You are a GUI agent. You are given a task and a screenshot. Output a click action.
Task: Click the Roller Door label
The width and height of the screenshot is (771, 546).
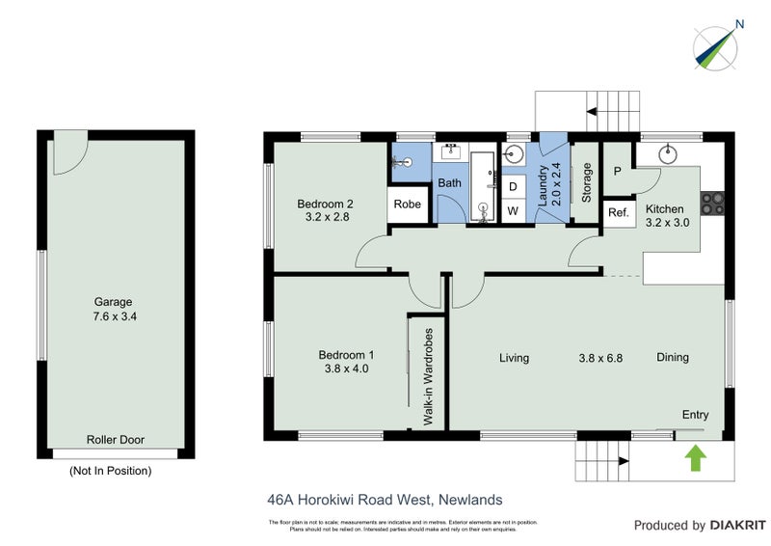click(115, 440)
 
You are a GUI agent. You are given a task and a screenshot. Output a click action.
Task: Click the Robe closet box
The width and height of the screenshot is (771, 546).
click(407, 205)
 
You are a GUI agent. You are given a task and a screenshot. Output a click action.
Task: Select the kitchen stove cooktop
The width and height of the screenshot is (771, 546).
click(713, 203)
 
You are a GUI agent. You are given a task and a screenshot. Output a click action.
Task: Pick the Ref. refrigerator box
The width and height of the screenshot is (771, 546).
click(618, 213)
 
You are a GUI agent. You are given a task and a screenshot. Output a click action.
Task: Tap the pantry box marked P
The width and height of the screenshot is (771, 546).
click(617, 172)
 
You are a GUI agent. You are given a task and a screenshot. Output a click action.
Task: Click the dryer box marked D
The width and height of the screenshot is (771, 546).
click(513, 185)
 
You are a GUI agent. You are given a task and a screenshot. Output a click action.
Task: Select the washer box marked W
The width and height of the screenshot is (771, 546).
click(513, 210)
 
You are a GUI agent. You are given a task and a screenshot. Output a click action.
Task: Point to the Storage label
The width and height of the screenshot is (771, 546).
click(587, 182)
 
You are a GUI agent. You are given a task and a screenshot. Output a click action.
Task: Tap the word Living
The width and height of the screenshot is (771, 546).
click(514, 358)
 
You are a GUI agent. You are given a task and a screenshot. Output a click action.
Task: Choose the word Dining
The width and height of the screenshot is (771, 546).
click(673, 358)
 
